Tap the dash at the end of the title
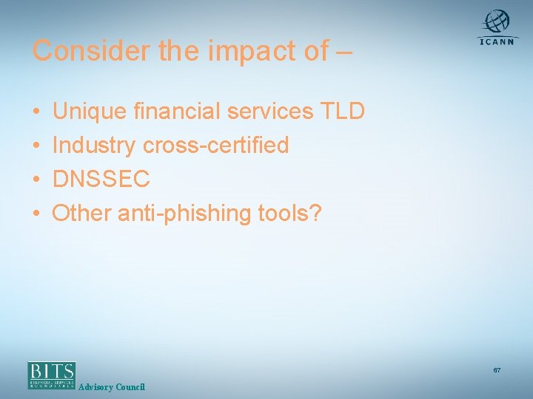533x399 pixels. point(343,52)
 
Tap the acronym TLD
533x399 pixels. point(342,111)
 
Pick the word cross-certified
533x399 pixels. point(215,145)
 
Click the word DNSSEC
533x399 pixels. point(101,179)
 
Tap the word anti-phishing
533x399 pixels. point(181,213)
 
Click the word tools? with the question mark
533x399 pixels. point(290,213)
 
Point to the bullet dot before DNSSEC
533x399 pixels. point(36,180)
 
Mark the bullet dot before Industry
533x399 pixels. point(36,146)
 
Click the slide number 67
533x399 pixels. point(497,369)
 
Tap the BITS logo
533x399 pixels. point(52,375)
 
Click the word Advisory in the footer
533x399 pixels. point(95,387)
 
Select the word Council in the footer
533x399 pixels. point(130,387)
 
